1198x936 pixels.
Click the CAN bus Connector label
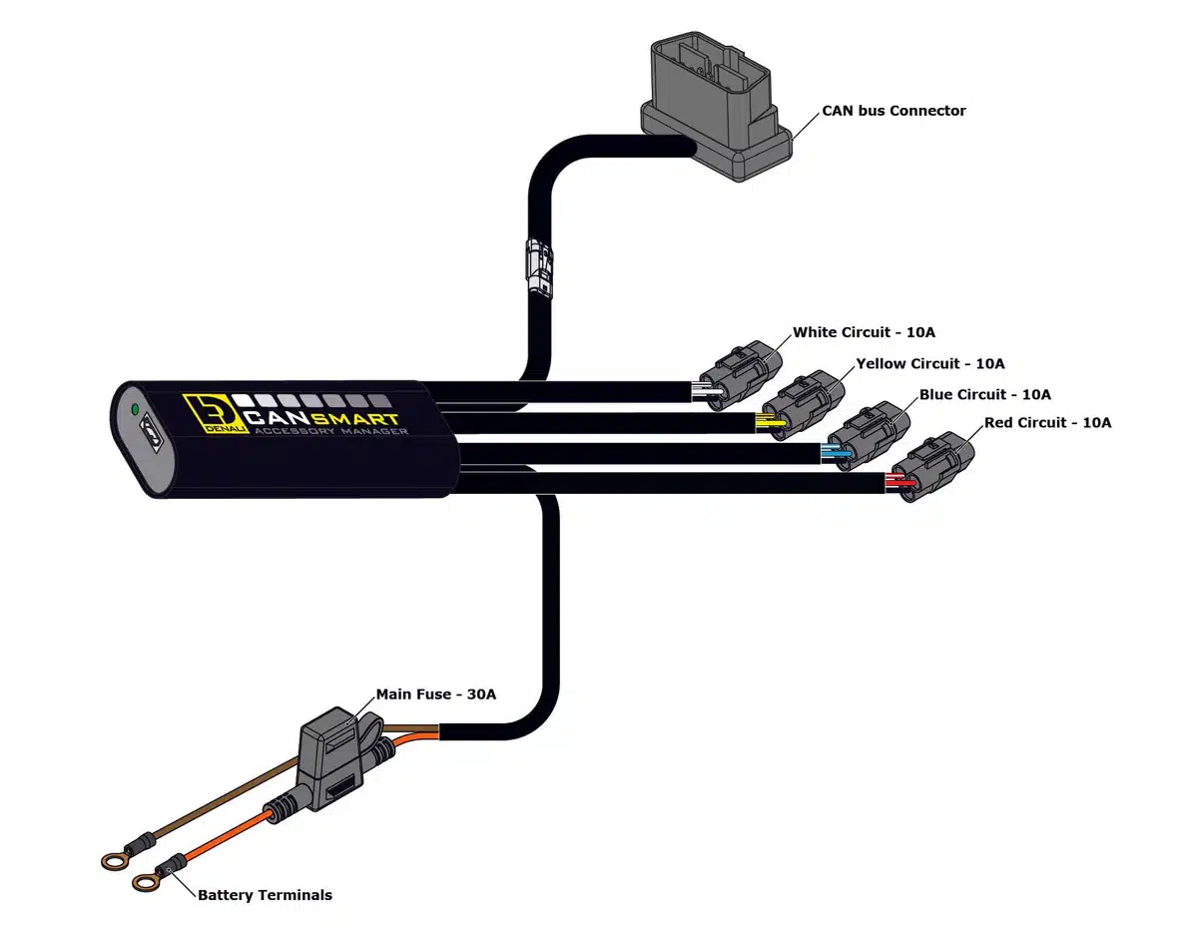point(894,111)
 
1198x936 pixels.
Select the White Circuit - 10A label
point(864,332)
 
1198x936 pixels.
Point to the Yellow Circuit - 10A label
point(929,363)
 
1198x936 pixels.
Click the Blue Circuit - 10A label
point(984,394)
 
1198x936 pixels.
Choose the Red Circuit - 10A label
point(1047,423)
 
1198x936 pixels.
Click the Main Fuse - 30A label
point(435,694)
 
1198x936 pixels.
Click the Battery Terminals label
point(265,895)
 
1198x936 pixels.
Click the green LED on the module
point(133,409)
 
